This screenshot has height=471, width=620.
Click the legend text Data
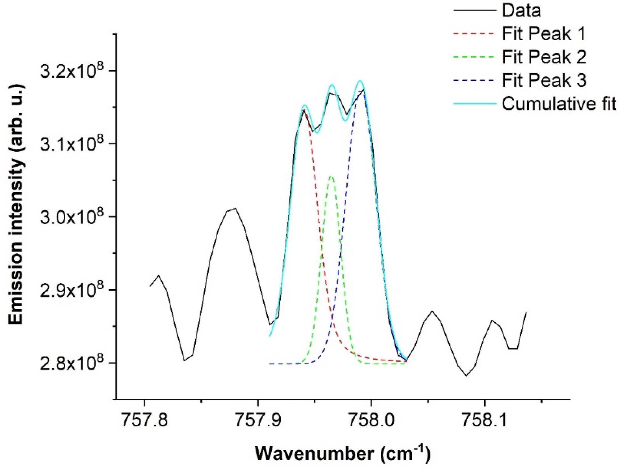click(x=521, y=11)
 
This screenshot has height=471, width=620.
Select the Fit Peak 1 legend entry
click(x=544, y=34)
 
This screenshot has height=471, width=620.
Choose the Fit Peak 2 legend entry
click(x=544, y=57)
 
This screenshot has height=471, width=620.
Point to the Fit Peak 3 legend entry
click(x=544, y=81)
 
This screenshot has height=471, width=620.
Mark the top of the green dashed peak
click(x=331, y=176)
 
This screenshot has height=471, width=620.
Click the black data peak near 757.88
click(x=235, y=208)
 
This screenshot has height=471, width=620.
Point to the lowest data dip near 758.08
click(x=466, y=376)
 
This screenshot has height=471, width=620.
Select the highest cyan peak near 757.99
click(x=360, y=81)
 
